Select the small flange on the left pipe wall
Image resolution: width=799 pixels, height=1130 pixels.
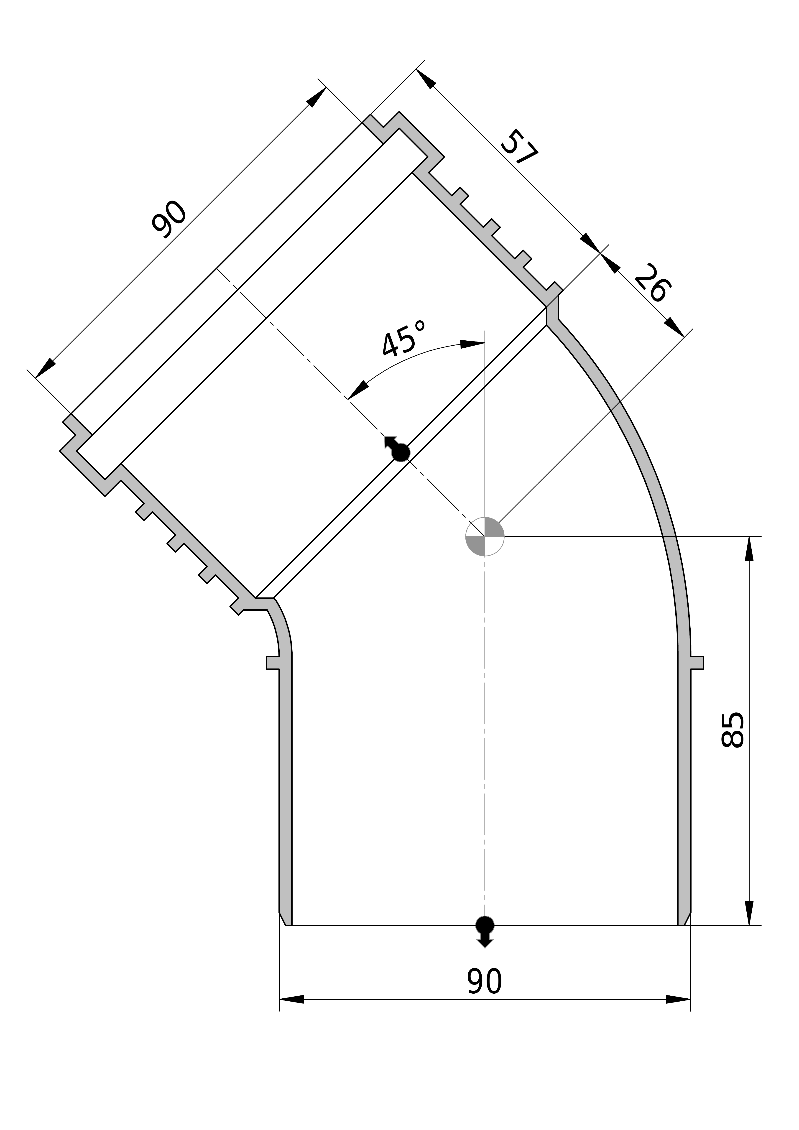tap(273, 662)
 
